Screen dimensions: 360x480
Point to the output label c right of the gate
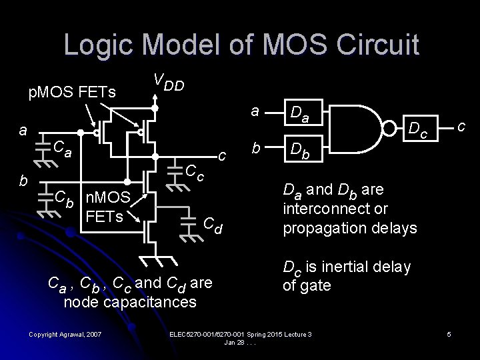point(461,125)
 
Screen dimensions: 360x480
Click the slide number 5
point(449,333)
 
